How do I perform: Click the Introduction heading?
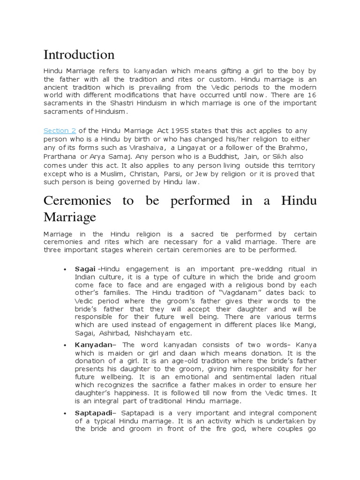pos(79,55)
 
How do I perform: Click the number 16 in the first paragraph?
pos(311,95)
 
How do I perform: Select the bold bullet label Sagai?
pos(84,269)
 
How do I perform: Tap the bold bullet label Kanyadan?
pos(93,345)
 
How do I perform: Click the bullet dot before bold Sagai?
pos(64,270)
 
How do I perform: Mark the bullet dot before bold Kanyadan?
pos(64,345)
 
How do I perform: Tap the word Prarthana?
pos(60,157)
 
